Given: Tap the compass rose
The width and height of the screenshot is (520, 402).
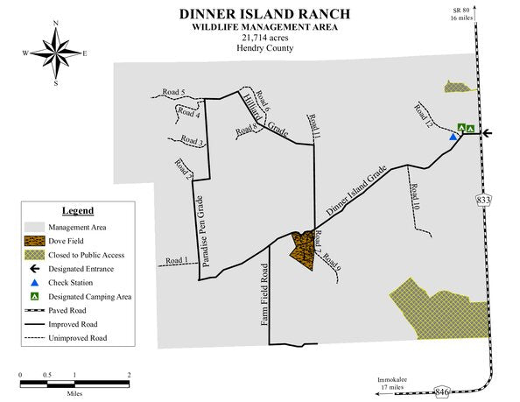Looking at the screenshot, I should pos(56,53).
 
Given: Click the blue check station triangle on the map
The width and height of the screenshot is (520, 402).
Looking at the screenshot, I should pos(453,137).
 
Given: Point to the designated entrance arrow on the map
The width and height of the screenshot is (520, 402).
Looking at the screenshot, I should pos(488,134).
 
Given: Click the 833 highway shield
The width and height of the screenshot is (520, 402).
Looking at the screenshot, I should pos(483,201).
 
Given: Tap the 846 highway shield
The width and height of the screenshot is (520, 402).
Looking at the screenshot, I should pos(441,393).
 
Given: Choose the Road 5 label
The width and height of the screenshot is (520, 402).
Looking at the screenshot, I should pos(173,93).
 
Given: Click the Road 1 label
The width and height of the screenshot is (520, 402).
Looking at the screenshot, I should pos(176,261).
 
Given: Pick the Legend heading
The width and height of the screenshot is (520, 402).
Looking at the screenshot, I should pos(78,210).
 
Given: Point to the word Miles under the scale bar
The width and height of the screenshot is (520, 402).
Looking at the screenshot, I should pos(74,393).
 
